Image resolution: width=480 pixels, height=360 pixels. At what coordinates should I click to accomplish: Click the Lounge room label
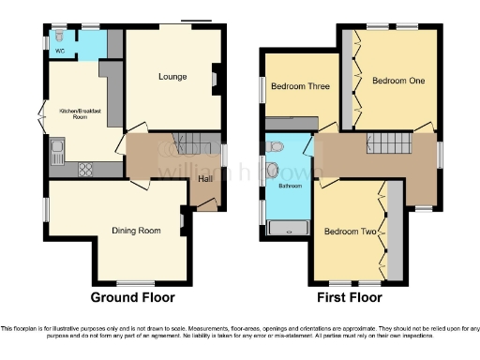point(172,77)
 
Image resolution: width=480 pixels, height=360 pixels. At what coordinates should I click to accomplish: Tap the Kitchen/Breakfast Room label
point(80,114)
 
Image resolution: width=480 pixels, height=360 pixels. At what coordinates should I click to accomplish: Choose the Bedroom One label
point(398,82)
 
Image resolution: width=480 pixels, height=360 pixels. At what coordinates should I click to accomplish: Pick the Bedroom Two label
point(350,231)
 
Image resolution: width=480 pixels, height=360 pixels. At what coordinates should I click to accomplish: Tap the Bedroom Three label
point(300,87)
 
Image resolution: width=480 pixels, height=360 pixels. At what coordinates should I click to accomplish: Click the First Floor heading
point(351,298)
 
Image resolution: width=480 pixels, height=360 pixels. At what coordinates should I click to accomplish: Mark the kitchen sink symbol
point(58,150)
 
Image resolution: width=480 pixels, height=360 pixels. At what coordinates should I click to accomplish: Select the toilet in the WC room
point(60,41)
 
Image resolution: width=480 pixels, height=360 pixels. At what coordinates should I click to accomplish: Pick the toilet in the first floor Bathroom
point(272,147)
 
